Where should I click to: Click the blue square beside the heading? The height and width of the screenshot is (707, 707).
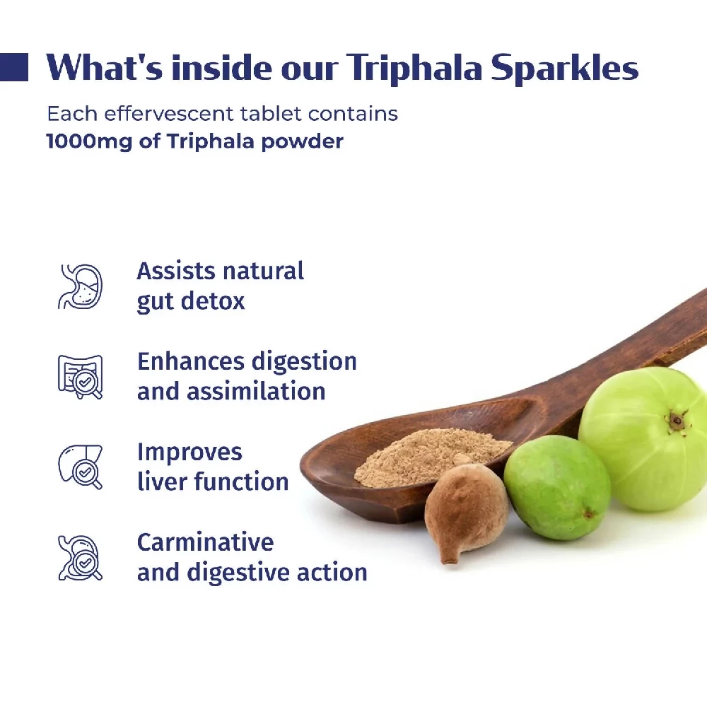14,67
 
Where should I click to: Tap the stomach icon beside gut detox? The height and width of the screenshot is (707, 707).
80,286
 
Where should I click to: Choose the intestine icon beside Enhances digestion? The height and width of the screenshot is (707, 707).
80,376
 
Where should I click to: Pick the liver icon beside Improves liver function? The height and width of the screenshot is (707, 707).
80,467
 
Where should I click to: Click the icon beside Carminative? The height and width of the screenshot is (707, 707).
80,557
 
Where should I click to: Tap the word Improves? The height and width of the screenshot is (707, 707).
189,452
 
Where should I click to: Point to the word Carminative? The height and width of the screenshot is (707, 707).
205,542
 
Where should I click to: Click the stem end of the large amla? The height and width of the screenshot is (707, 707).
677,420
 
